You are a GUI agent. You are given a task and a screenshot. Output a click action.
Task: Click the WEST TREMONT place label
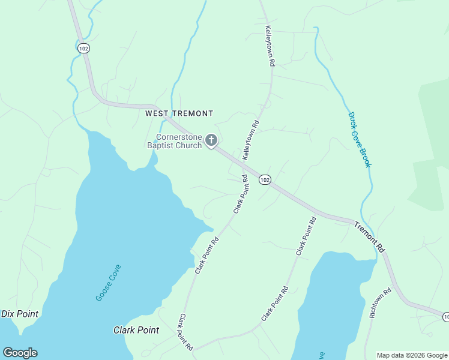pyautogui.click(x=179, y=113)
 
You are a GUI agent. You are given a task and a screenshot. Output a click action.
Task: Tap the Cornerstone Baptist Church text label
pyautogui.click(x=174, y=141)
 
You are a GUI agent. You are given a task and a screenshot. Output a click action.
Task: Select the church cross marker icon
pyautogui.click(x=211, y=140)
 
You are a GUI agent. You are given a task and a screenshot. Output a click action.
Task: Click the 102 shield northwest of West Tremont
pyautogui.click(x=83, y=48)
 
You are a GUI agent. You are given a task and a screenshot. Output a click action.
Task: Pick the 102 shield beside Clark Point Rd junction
pyautogui.click(x=265, y=179)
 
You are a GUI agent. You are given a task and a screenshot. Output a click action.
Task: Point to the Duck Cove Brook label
pyautogui.click(x=360, y=139)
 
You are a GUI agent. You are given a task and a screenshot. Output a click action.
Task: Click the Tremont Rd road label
pyautogui.click(x=368, y=236)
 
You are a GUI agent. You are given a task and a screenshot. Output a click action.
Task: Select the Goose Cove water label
pyautogui.click(x=108, y=282)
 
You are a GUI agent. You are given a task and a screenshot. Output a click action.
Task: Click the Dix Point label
pyautogui.click(x=20, y=314)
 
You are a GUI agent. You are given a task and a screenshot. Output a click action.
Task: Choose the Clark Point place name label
pyautogui.click(x=136, y=330)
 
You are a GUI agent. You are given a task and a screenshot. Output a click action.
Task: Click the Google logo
pyautogui.click(x=20, y=353)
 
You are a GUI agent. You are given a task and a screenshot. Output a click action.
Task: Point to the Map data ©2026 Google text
pyautogui.click(x=412, y=355)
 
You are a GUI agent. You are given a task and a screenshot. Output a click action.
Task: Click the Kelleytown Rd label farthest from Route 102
pyautogui.click(x=270, y=46)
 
